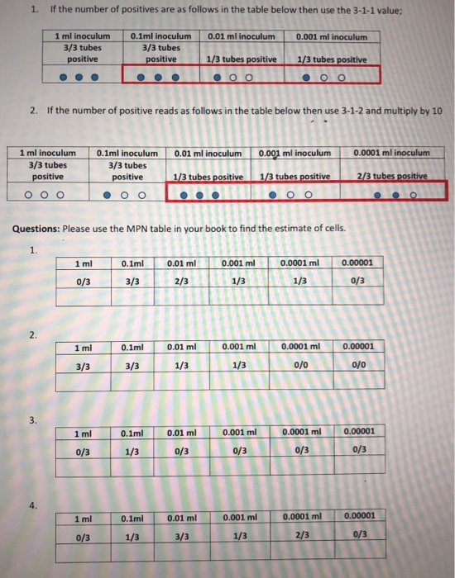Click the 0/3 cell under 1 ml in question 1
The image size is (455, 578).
(83, 280)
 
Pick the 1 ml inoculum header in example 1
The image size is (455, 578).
(82, 37)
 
